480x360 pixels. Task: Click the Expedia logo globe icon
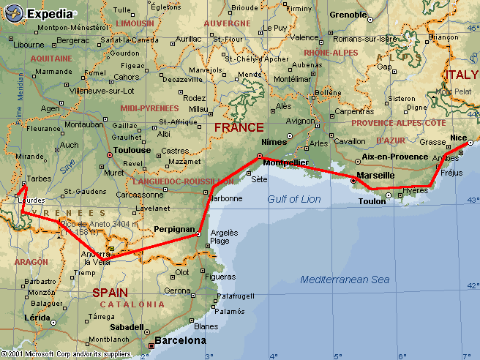14,12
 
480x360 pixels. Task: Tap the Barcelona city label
181,340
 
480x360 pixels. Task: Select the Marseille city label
375,176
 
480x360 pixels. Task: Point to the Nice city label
459,137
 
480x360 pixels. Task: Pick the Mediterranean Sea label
345,280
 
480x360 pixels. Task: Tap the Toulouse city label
132,150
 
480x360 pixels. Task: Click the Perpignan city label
174,229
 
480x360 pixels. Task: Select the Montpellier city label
285,162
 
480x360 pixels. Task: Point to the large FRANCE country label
239,127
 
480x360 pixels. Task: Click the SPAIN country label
109,292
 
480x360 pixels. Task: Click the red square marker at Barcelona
151,345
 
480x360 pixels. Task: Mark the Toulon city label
372,201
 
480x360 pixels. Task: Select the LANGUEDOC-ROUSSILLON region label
173,181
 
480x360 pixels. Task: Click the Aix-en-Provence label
394,157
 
